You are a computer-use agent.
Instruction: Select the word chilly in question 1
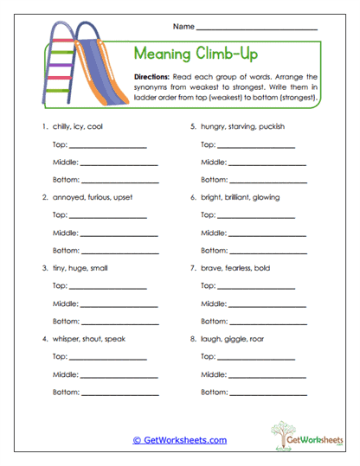point(62,126)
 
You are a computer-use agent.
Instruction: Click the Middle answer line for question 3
point(119,305)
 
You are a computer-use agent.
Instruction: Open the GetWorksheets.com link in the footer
point(180,440)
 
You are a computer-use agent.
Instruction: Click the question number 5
point(192,126)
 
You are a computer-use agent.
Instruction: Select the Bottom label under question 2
point(66,251)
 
